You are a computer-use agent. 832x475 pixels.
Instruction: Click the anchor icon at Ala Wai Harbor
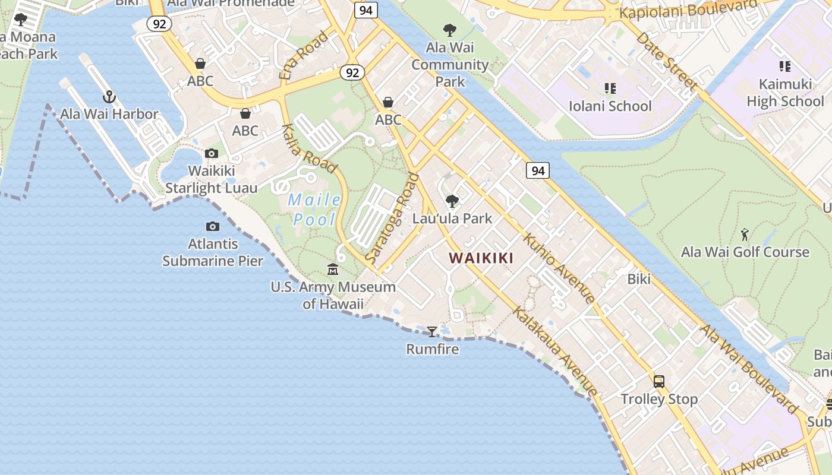coord(109,96)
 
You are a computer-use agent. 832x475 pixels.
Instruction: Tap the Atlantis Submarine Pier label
coord(213,252)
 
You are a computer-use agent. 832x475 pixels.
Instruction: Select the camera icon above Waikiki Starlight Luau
coord(211,154)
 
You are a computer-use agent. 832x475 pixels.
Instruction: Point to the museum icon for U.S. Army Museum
coord(333,270)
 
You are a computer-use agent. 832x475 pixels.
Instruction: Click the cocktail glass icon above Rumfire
coord(432,331)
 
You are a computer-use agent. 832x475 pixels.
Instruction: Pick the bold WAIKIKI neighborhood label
coord(481,258)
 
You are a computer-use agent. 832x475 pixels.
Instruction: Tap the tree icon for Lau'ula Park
coord(452,201)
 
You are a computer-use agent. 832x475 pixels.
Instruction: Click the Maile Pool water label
coord(314,210)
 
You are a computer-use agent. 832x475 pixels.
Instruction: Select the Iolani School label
coord(610,106)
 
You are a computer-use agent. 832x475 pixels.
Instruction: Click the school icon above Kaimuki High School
coord(784,66)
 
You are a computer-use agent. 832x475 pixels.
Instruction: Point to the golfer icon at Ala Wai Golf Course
coord(745,235)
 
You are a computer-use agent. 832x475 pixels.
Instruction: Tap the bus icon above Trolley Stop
coord(658,382)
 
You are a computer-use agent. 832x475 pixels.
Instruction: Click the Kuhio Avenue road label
coord(558,268)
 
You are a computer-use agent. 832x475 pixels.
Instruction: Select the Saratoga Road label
coord(393,218)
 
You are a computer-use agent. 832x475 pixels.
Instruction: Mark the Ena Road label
coord(303,56)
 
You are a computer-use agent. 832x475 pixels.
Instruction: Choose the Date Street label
coord(666,61)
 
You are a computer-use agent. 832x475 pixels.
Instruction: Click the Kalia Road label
coord(309,148)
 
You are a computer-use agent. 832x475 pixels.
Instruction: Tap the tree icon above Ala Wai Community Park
coord(450,30)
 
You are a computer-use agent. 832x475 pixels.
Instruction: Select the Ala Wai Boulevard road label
coord(749,369)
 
